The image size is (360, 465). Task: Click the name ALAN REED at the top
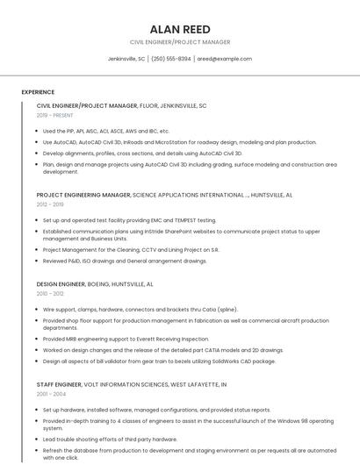click(x=179, y=29)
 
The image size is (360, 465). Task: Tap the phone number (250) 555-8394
click(x=171, y=59)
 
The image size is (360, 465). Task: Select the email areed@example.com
click(x=224, y=59)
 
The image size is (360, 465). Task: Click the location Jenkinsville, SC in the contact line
click(x=126, y=59)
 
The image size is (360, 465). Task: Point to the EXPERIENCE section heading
click(x=38, y=92)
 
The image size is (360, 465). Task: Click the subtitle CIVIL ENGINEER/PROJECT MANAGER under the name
click(x=179, y=42)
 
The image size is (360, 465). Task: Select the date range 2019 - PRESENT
click(x=55, y=115)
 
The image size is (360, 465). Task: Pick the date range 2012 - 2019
click(x=50, y=204)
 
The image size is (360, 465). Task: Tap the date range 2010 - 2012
click(x=50, y=294)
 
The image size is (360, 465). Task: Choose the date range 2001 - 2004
click(x=50, y=394)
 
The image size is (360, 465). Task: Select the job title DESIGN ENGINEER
click(x=61, y=284)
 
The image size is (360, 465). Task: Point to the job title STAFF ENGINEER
click(x=59, y=384)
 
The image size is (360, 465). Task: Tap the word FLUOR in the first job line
click(x=149, y=105)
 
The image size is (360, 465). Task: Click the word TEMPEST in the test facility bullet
click(x=188, y=220)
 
